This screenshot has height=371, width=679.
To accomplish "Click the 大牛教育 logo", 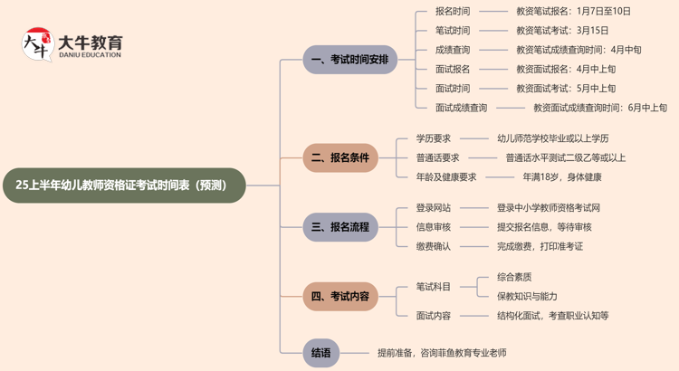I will (x=72, y=44).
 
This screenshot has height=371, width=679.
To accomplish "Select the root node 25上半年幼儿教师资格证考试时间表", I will (x=123, y=185).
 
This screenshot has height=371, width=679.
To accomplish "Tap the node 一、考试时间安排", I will (x=350, y=60).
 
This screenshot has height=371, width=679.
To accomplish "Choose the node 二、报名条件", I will (x=340, y=157).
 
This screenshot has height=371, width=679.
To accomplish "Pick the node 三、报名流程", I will (x=340, y=227).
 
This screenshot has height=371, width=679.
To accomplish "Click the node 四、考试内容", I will (x=340, y=296).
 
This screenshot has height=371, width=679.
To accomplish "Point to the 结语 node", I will (x=320, y=353).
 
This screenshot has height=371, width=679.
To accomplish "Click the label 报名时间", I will (x=453, y=12).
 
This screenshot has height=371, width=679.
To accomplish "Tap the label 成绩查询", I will (x=453, y=50).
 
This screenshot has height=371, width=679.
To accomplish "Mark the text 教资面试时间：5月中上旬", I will (x=566, y=89).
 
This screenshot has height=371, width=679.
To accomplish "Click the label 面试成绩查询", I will (x=461, y=108).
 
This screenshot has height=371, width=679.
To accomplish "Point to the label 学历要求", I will (x=434, y=138).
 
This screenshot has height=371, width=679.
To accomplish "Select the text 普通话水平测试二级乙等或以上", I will (x=561, y=157).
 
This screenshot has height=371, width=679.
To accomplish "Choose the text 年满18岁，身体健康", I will (x=562, y=176).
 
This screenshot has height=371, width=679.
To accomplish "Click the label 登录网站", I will (x=434, y=208).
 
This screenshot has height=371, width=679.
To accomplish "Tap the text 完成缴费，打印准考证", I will (x=540, y=246).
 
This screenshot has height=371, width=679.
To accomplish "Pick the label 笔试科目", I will (x=434, y=287).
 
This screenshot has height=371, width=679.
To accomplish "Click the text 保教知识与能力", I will (x=527, y=296).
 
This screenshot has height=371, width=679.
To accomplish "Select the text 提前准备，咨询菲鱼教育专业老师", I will (x=442, y=353).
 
